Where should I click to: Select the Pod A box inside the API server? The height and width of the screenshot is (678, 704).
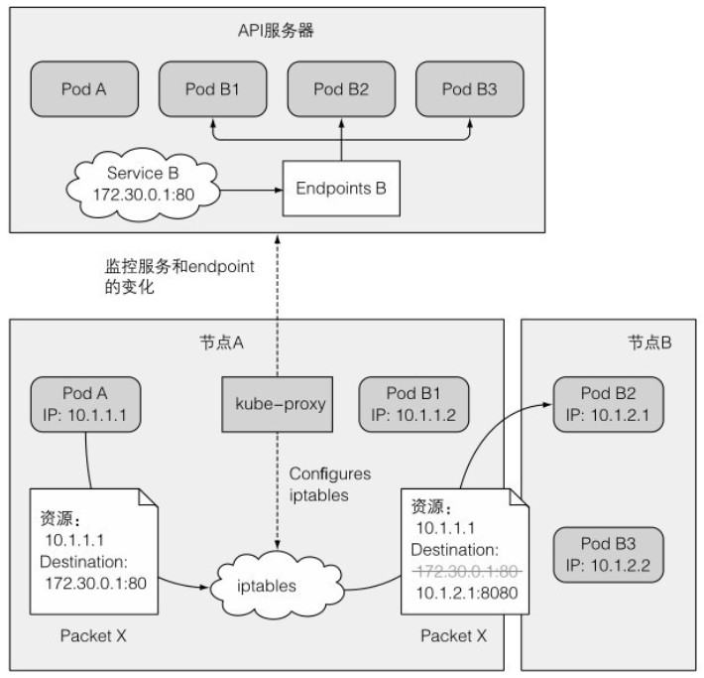[x=83, y=89]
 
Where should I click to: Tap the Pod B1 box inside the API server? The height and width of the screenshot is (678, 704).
[x=212, y=89]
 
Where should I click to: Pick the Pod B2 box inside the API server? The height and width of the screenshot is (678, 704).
[x=341, y=89]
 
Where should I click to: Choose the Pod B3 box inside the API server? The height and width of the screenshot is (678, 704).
[x=470, y=89]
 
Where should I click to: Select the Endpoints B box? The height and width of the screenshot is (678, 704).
[x=341, y=187]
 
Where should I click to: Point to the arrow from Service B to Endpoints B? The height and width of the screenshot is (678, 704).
[x=248, y=186]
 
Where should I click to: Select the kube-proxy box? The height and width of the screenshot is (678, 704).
[x=277, y=405]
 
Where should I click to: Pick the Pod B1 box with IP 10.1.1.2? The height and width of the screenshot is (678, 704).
[x=413, y=404]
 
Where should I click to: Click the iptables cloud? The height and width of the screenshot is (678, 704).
[x=268, y=585]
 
